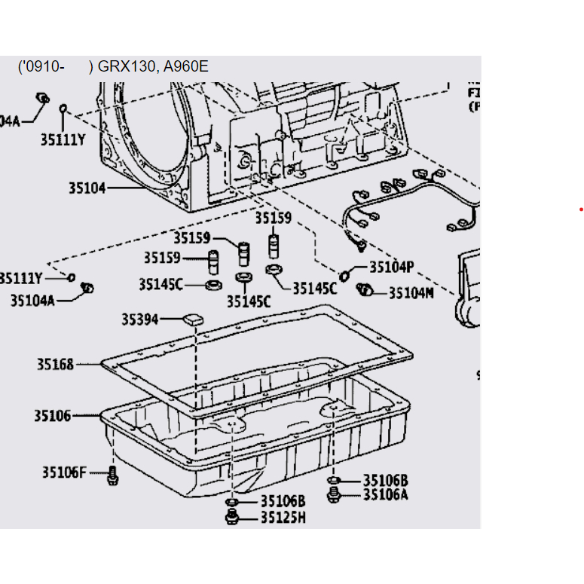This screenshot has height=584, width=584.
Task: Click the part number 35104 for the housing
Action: point(87,188)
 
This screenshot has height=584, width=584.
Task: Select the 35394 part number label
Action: point(140,320)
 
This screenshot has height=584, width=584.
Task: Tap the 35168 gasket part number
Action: point(56,365)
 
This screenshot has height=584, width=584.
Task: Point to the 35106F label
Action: point(65,472)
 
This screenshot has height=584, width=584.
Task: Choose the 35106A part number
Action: point(385,494)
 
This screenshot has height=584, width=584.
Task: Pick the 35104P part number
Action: point(392,267)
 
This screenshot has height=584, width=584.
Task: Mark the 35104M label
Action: point(411,292)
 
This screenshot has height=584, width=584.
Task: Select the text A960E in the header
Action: point(185,66)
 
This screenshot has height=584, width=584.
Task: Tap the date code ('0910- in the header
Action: point(41,66)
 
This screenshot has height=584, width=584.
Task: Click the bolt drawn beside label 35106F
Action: point(112,475)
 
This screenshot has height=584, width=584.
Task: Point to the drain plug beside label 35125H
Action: point(232,516)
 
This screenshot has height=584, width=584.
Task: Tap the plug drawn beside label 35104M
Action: point(366,290)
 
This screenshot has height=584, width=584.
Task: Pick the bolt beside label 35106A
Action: point(333,494)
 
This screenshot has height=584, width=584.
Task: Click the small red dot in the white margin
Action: point(581,209)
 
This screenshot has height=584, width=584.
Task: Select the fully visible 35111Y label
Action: point(63,139)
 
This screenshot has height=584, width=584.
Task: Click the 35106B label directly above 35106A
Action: point(385,480)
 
